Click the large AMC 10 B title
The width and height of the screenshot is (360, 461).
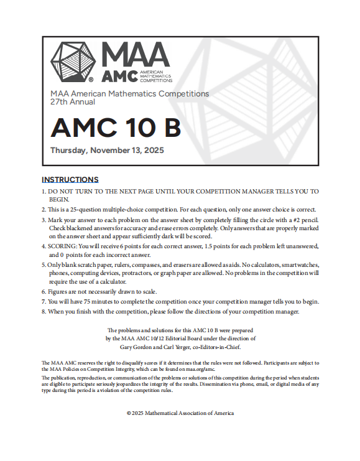pos(116,127)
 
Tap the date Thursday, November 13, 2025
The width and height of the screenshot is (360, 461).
pos(107,151)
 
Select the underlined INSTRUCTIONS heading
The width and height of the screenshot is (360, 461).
pos(70,180)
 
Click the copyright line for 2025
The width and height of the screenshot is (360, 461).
pos(180,412)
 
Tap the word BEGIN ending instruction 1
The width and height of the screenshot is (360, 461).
pos(59,199)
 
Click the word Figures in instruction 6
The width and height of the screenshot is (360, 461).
pos(60,291)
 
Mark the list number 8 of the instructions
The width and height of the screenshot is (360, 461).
pos(44,312)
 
